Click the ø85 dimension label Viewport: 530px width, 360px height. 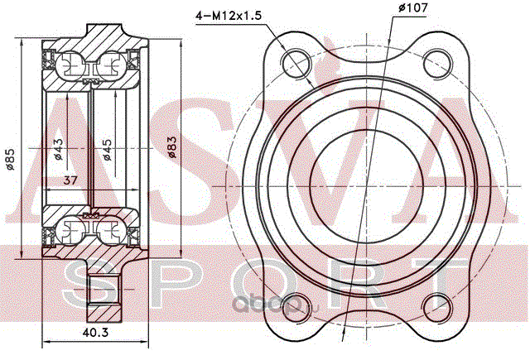click(x=11, y=160)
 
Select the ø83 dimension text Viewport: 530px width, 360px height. click(x=172, y=147)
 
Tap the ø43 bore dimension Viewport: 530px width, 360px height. click(x=58, y=149)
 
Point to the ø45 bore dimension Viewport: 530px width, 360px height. click(x=107, y=150)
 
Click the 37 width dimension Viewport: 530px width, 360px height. click(x=70, y=180)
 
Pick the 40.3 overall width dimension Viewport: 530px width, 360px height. click(x=96, y=333)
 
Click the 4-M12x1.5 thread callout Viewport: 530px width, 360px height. click(x=229, y=16)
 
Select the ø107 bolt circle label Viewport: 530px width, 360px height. click(x=412, y=7)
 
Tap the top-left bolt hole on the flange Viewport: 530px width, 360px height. click(x=296, y=64)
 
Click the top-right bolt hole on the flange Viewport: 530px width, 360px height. click(x=438, y=64)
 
